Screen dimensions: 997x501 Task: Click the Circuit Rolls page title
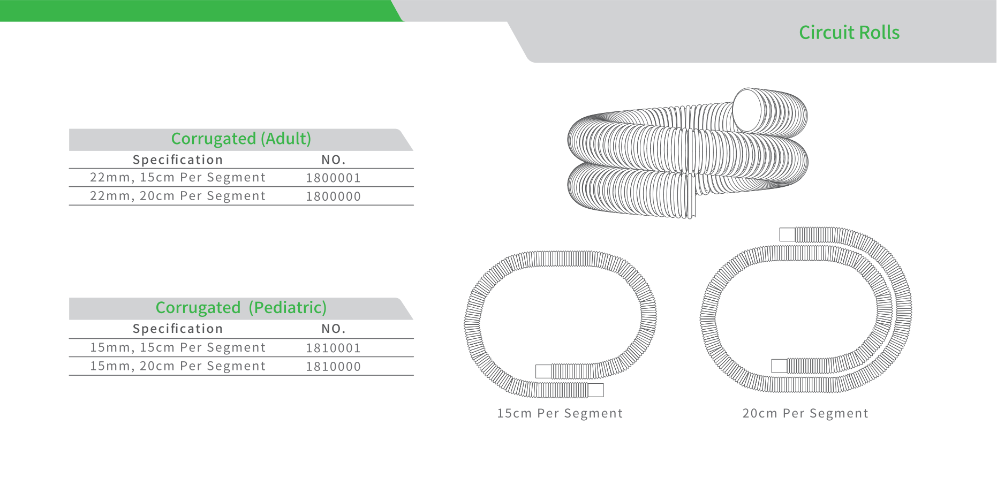click(849, 33)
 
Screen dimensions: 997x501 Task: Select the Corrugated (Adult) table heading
click(241, 139)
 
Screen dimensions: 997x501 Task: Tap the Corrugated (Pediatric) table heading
click(241, 308)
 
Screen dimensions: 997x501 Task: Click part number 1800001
click(333, 178)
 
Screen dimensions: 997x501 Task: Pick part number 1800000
click(333, 196)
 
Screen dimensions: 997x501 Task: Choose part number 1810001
click(333, 348)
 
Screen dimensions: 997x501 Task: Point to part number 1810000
click(333, 367)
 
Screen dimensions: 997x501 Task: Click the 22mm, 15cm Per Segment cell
click(178, 178)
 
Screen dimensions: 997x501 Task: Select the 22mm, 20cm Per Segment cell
click(178, 196)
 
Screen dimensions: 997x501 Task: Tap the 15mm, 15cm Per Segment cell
click(178, 348)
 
